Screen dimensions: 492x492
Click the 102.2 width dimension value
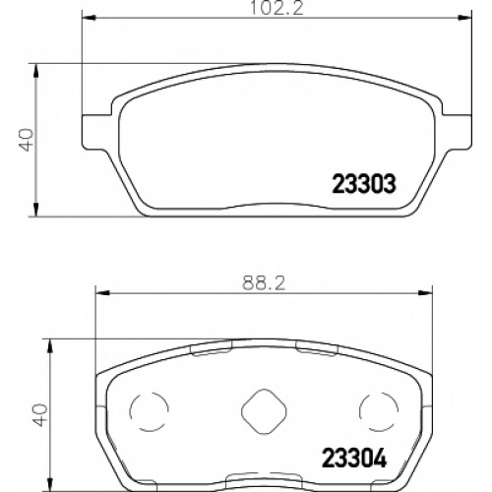[x=277, y=8]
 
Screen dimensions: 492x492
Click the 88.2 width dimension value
[x=264, y=283]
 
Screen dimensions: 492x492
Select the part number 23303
[x=364, y=184]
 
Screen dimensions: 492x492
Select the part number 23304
[x=354, y=458]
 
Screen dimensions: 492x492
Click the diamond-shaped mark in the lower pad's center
[x=264, y=411]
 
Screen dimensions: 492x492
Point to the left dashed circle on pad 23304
[x=150, y=411]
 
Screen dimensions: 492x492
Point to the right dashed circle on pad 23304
[x=379, y=411]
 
